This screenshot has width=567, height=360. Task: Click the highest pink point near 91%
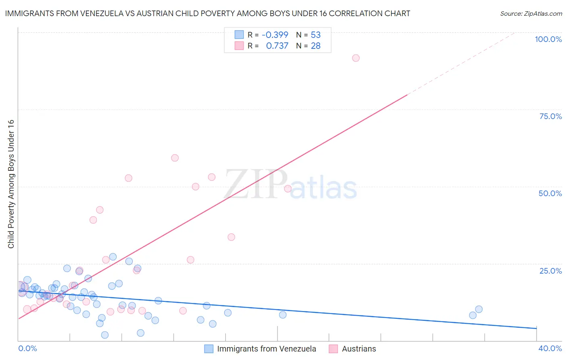(x=356, y=58)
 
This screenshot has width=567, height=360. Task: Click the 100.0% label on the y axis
(x=548, y=39)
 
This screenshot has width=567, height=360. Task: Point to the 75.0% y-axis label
(x=550, y=116)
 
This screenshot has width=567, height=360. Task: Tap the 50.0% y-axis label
(x=550, y=193)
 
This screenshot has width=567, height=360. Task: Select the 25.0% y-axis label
(x=550, y=270)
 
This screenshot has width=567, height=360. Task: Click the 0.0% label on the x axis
(x=27, y=348)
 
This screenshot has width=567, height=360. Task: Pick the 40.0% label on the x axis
(x=550, y=348)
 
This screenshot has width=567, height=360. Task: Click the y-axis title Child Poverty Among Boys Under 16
(x=11, y=184)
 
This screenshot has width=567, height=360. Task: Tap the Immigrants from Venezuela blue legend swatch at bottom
(x=208, y=349)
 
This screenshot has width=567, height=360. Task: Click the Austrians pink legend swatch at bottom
(x=333, y=349)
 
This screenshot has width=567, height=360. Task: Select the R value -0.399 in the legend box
(x=275, y=35)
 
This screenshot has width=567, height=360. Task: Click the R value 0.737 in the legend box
(x=277, y=46)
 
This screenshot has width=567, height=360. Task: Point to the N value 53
(x=315, y=35)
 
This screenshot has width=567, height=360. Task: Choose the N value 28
(x=315, y=46)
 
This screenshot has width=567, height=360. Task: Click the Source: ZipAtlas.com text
(x=531, y=14)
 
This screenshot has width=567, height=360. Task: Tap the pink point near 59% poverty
(x=175, y=158)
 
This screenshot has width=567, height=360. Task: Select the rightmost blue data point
(x=479, y=310)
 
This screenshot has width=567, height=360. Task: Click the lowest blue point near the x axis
(x=105, y=335)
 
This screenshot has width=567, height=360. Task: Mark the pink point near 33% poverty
(x=231, y=237)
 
